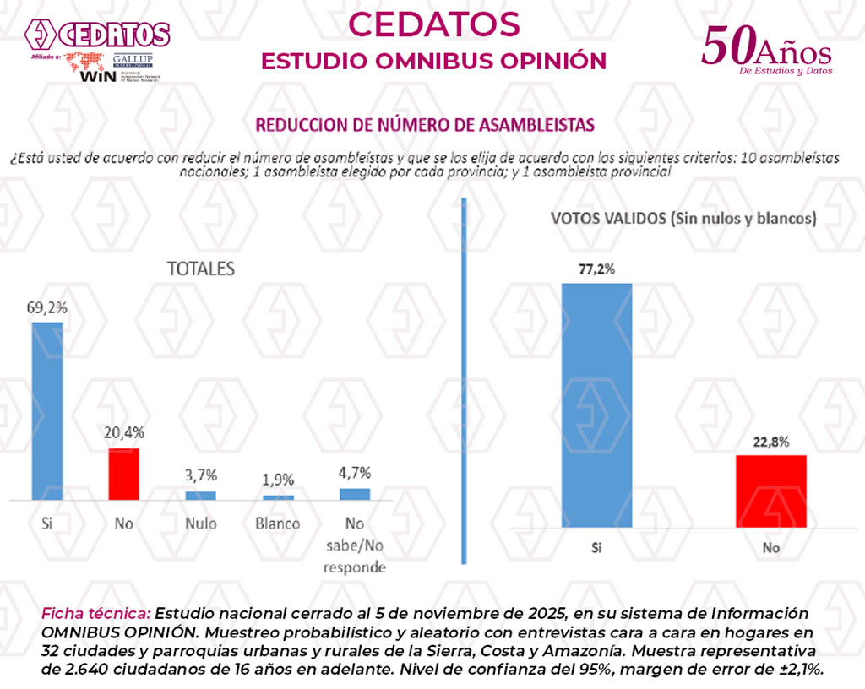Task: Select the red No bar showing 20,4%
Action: (x=124, y=474)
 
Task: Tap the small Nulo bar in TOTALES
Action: (x=200, y=495)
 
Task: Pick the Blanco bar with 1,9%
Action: (x=278, y=497)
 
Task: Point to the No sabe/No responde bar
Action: (x=355, y=494)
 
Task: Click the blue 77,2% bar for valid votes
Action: (x=597, y=405)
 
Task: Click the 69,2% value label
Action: (x=46, y=307)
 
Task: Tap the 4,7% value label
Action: (x=355, y=473)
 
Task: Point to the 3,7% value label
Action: (x=201, y=475)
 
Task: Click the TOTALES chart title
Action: (x=200, y=269)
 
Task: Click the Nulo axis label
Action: (x=201, y=524)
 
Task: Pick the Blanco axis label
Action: (x=278, y=524)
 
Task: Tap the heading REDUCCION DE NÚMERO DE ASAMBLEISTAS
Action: (x=425, y=125)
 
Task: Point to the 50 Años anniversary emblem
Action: (x=766, y=51)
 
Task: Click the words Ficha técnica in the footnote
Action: (x=96, y=613)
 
